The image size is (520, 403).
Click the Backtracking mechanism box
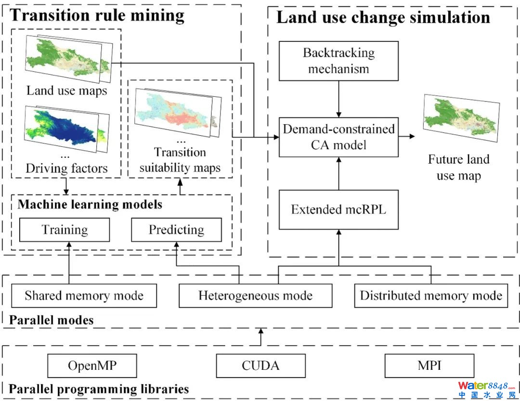click(x=338, y=61)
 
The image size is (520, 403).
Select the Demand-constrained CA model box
click(x=338, y=137)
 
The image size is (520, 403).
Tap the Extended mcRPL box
click(x=338, y=209)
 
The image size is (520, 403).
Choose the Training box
click(x=65, y=230)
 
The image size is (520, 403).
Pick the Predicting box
click(x=176, y=230)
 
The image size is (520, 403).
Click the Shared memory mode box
click(x=84, y=296)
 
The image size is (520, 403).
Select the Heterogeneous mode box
click(x=255, y=296)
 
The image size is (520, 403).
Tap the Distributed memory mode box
click(x=431, y=296)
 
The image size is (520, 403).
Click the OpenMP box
click(x=92, y=366)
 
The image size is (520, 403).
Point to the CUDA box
click(x=260, y=366)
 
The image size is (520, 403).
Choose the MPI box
click(x=429, y=366)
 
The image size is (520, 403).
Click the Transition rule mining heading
click(x=97, y=15)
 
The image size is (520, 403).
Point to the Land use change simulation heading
click(x=383, y=17)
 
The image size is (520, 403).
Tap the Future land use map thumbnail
click(x=460, y=118)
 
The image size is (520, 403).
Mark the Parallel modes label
click(x=52, y=320)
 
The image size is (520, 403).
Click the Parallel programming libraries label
click(x=99, y=389)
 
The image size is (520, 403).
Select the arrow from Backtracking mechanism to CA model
click(x=338, y=99)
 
